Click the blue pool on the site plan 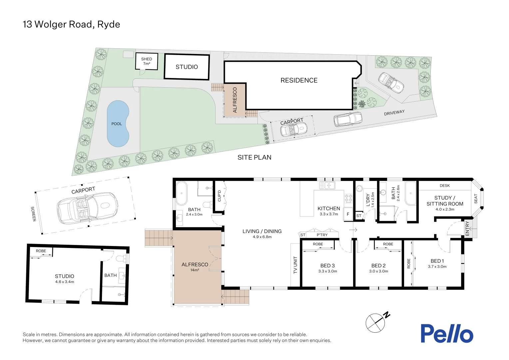[118, 124]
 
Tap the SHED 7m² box [147, 61]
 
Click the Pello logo [446, 333]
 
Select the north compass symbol [377, 322]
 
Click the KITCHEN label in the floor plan [329, 209]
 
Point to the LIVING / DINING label [262, 231]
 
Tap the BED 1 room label [437, 261]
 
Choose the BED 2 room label [378, 266]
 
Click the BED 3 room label [327, 266]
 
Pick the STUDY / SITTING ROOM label [445, 201]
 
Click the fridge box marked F [348, 214]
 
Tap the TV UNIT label [295, 265]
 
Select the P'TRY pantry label [322, 235]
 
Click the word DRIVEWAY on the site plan [394, 113]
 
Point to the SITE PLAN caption [254, 157]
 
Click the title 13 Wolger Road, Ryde [71, 24]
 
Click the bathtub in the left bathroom [182, 193]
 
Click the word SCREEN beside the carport [33, 214]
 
